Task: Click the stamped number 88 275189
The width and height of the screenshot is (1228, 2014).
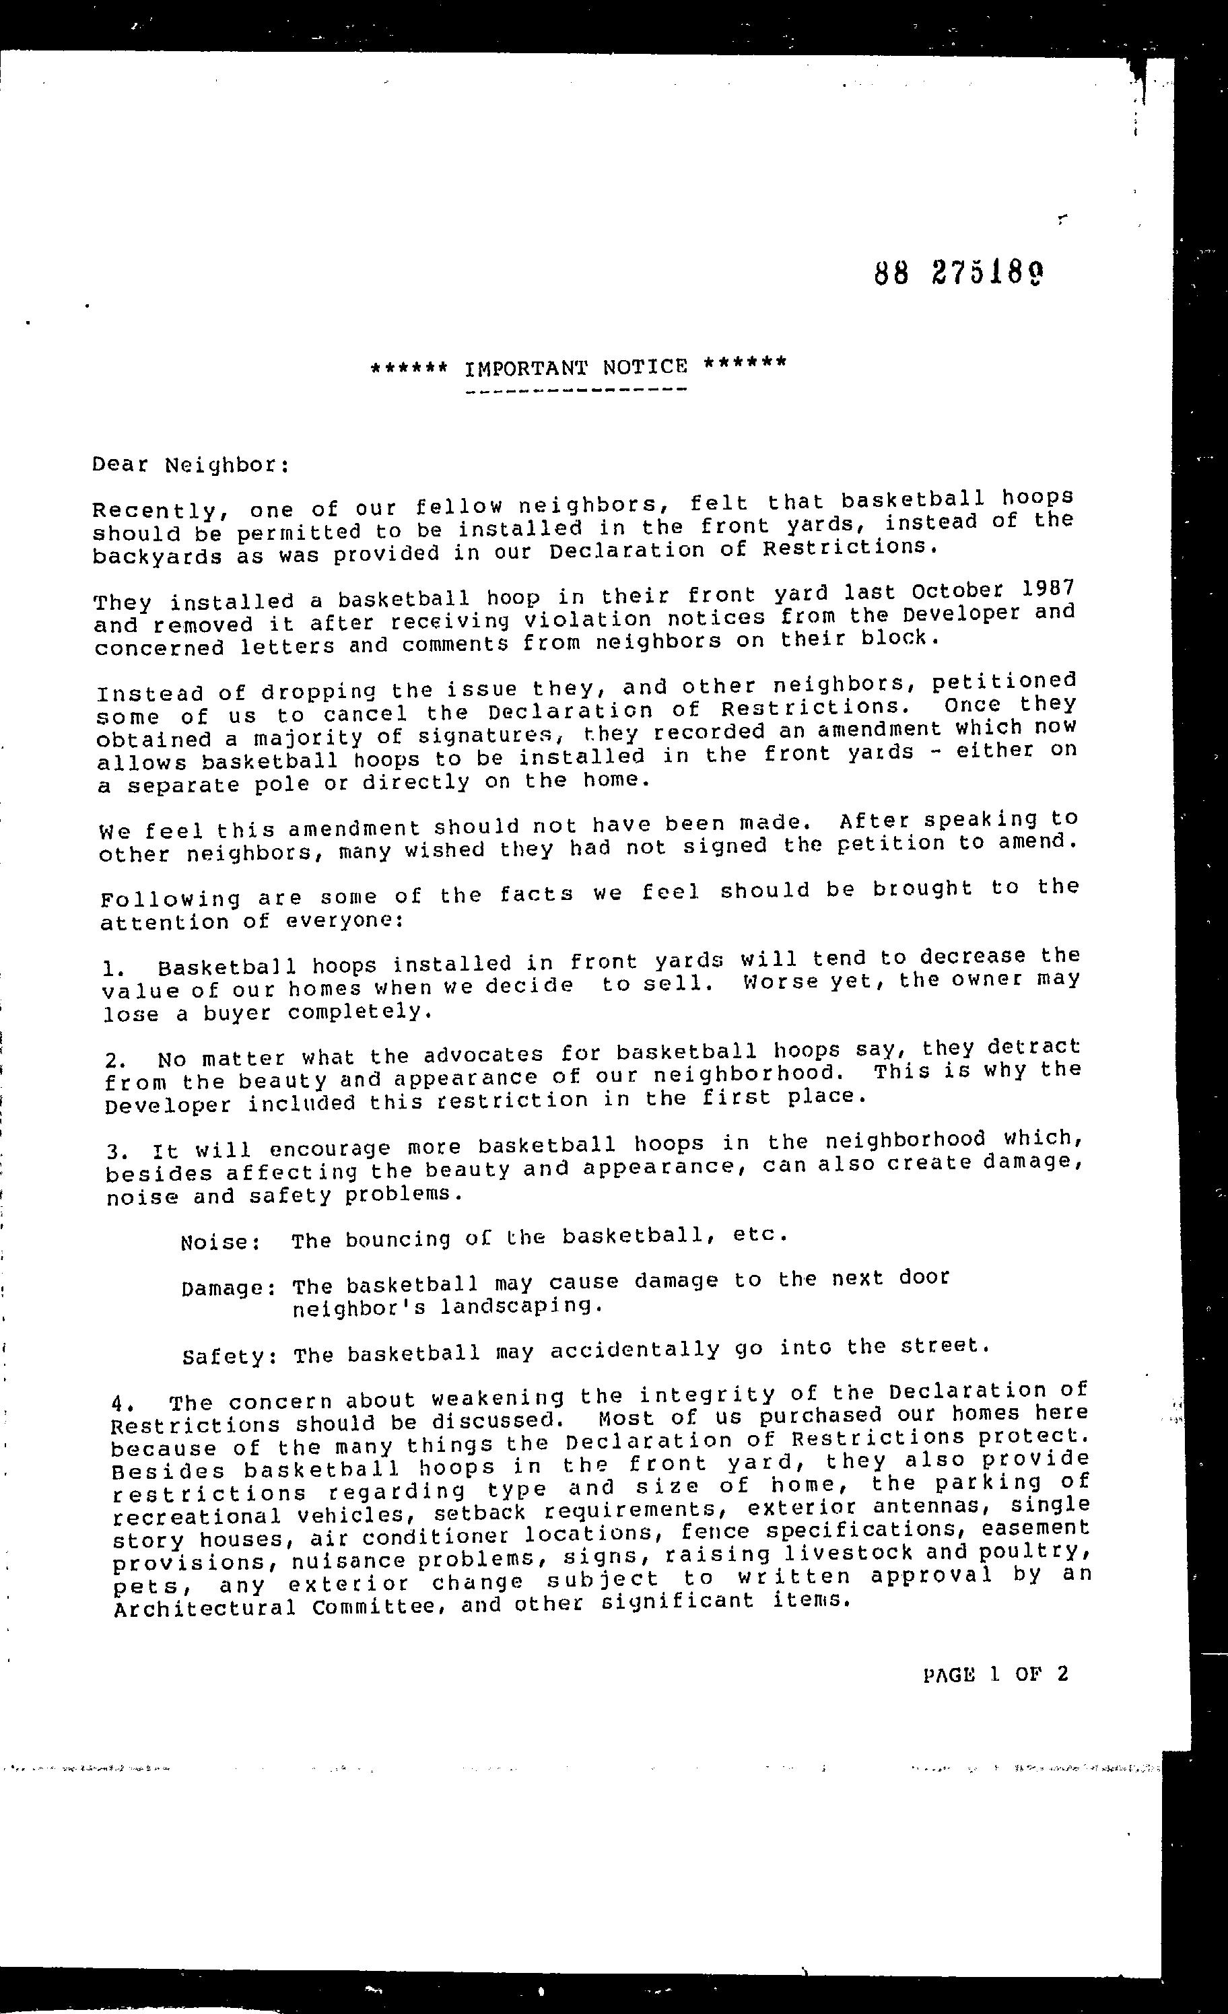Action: pyautogui.click(x=959, y=274)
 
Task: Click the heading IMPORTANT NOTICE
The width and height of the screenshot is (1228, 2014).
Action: pyautogui.click(x=576, y=368)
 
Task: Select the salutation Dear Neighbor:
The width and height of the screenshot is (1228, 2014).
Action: pyautogui.click(x=191, y=465)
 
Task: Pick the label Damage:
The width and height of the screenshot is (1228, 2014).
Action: pyautogui.click(x=228, y=1289)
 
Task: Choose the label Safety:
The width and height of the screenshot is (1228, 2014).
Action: pyautogui.click(x=229, y=1358)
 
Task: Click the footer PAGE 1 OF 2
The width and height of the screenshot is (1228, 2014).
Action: pyautogui.click(x=995, y=1674)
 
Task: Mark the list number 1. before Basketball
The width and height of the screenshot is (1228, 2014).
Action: pyautogui.click(x=113, y=970)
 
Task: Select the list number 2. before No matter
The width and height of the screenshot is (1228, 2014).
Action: pyautogui.click(x=115, y=1061)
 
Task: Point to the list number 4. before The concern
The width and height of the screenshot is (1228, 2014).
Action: pyautogui.click(x=121, y=1404)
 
